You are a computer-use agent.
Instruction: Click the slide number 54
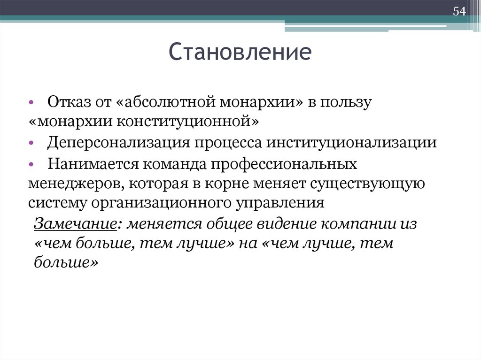459,12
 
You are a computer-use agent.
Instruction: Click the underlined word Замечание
75,223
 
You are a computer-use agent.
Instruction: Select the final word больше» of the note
66,264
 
